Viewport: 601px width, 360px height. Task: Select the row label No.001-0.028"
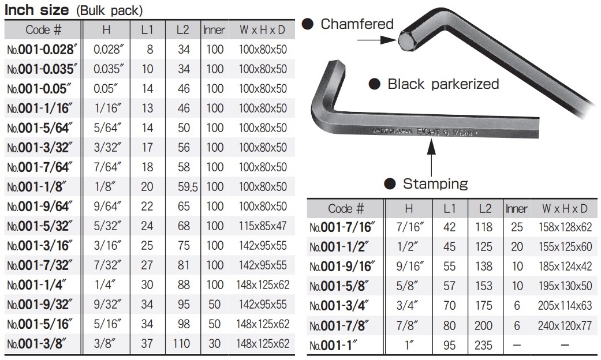[x=42, y=50]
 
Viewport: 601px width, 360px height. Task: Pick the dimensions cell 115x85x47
[x=263, y=226]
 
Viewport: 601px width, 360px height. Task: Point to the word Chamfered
[x=357, y=24]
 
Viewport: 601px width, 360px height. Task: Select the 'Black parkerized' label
[x=443, y=84]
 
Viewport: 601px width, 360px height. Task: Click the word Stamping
[x=435, y=184]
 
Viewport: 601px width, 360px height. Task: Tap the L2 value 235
[x=483, y=345]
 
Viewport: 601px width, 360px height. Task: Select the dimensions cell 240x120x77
[x=565, y=326]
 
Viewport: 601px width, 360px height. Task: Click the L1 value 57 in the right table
[x=449, y=286]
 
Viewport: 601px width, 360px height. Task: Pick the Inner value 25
[x=517, y=227]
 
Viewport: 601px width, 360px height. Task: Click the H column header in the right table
[x=409, y=208]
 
